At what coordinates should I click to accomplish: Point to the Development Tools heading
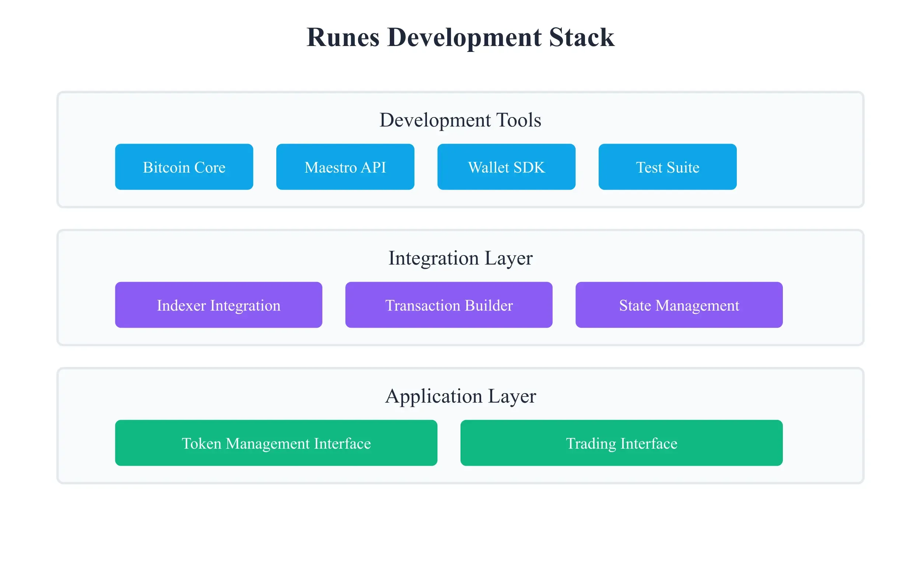(x=460, y=120)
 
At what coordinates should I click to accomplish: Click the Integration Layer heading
(x=460, y=258)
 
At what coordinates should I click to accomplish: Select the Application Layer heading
(x=460, y=396)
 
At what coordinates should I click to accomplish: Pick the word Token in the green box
(x=201, y=444)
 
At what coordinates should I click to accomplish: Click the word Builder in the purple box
(x=488, y=306)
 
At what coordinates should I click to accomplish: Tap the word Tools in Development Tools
(x=519, y=120)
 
